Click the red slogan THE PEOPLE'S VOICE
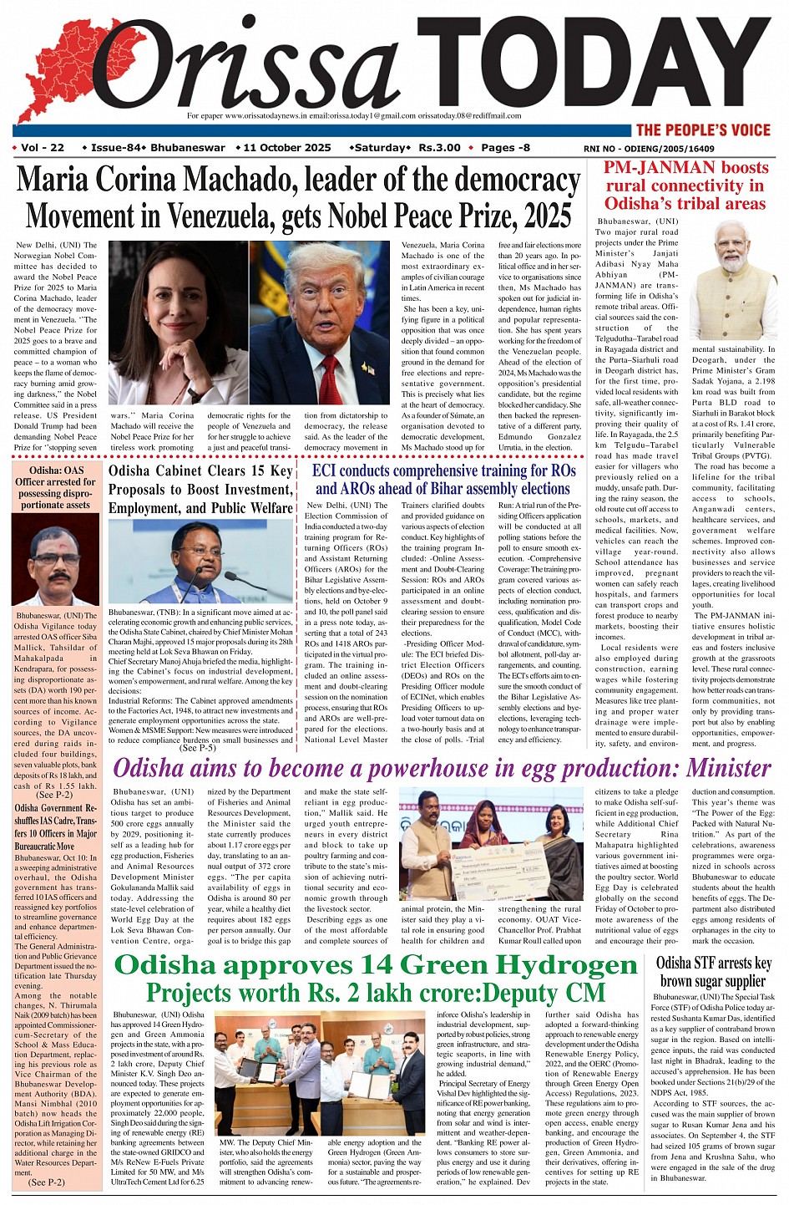[703, 130]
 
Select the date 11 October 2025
[287, 148]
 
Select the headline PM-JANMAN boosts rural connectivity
[685, 186]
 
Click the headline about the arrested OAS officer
[56, 487]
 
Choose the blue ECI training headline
[443, 480]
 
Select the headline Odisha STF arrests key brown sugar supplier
[713, 972]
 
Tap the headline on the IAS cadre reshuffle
[56, 827]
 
